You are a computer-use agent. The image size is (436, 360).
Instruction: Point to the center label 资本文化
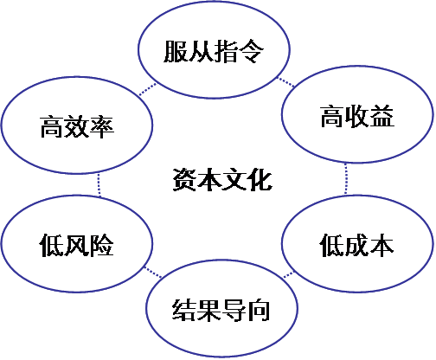point(222,179)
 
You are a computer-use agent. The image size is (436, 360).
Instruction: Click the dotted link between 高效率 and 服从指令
point(148,89)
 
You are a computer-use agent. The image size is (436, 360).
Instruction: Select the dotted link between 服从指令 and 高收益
point(285,81)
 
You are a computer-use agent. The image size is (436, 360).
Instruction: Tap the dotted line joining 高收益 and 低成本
point(346,179)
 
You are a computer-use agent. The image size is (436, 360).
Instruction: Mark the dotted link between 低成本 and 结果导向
point(288,275)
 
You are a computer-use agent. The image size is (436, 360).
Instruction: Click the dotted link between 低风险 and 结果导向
point(153,272)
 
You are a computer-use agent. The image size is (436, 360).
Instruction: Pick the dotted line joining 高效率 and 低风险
point(99,185)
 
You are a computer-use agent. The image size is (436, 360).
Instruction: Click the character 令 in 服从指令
point(252,51)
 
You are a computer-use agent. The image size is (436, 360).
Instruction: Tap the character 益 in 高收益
point(382,116)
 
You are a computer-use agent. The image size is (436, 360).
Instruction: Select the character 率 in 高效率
point(102,126)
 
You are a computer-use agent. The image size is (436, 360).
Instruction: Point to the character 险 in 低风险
point(102,245)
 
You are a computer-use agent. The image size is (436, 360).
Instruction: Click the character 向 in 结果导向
point(259,310)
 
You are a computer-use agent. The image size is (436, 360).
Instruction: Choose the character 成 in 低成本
point(356,245)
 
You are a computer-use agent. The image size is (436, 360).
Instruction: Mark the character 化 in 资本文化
point(260,179)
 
